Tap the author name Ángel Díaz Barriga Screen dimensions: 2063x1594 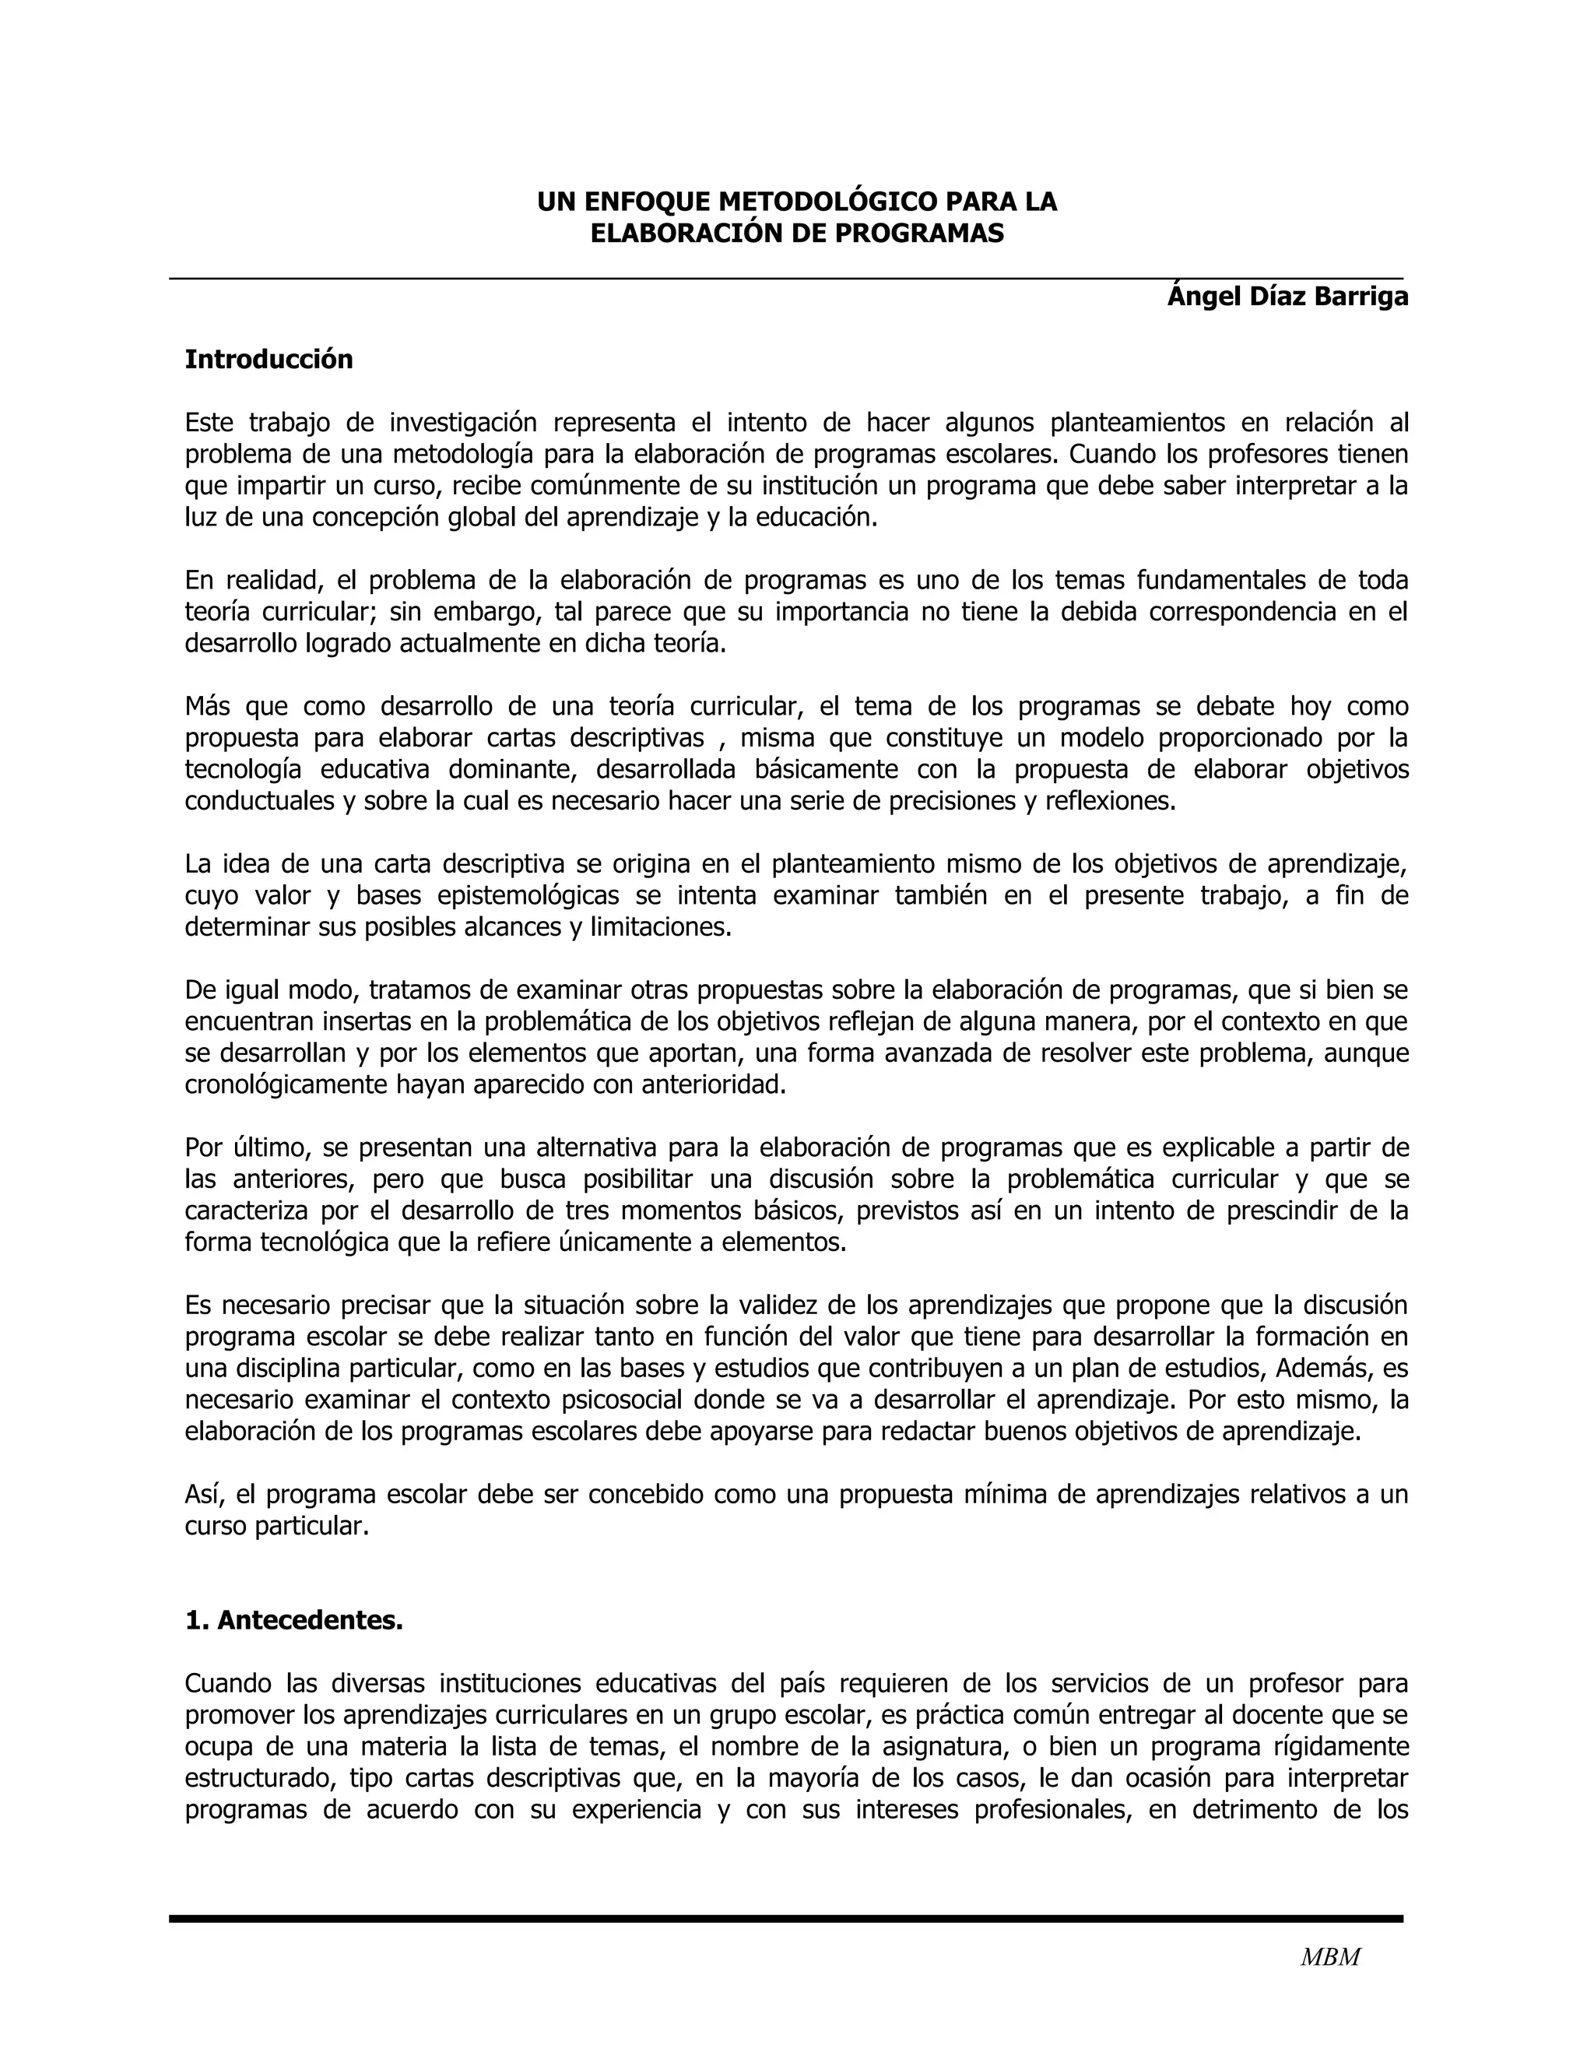click(x=1287, y=297)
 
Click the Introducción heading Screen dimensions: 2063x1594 click(x=269, y=360)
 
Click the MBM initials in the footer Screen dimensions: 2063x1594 click(x=1329, y=1957)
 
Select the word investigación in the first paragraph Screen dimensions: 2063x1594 click(x=463, y=422)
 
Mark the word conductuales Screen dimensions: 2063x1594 click(x=260, y=801)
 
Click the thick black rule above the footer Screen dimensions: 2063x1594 click(x=785, y=1918)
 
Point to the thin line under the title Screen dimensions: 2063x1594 click(x=785, y=279)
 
